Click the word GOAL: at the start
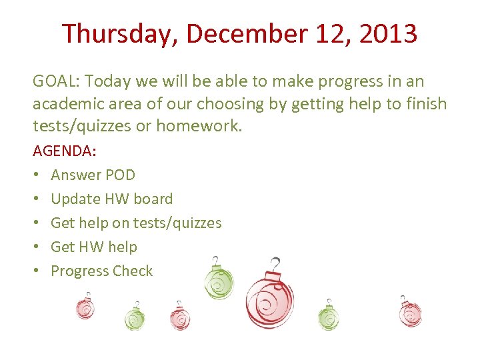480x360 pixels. [56, 81]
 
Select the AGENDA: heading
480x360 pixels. [65, 151]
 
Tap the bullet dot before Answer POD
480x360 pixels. [36, 175]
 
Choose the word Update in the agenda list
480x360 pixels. [73, 199]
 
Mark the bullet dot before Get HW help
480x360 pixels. [36, 247]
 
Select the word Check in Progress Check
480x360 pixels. [132, 271]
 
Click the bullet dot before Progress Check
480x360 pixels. [36, 271]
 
